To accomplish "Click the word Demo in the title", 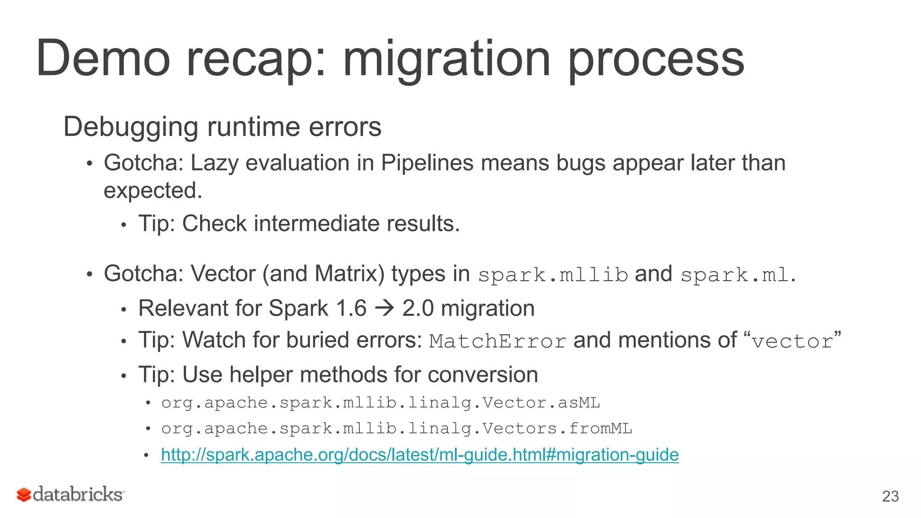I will [103, 59].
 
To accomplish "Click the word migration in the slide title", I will [446, 59].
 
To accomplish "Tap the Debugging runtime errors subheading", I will [222, 127].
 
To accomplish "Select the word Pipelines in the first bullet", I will [427, 163].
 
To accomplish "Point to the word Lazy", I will [214, 163].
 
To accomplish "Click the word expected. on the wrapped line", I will [153, 191].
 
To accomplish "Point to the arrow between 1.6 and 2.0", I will [384, 308].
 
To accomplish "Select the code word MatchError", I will [497, 341].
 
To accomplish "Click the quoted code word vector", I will [792, 341].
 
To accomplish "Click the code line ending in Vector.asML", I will [380, 402].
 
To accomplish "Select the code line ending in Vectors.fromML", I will [396, 429].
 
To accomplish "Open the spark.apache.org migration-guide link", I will [420, 455].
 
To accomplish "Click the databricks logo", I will [71, 494].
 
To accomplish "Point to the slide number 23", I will [890, 496].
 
